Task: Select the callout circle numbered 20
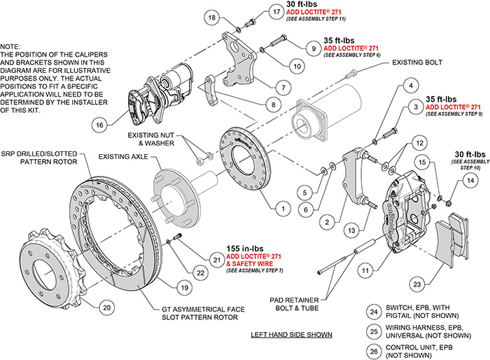tap(106, 307)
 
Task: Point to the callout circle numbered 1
tap(281, 208)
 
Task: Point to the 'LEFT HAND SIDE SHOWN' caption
tap(291, 335)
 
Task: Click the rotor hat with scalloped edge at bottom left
tap(49, 261)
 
